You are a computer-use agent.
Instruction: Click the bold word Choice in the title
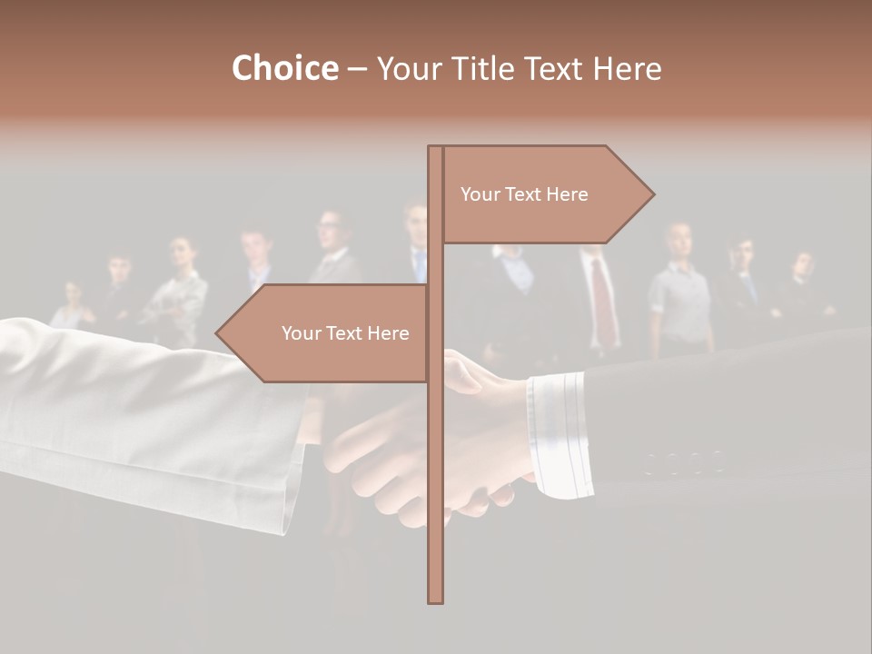pos(284,68)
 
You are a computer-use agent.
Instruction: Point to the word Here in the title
pos(628,68)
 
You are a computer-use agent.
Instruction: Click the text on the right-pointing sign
pos(524,194)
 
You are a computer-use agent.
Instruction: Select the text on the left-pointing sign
pos(345,333)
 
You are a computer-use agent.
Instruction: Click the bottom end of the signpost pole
pos(435,599)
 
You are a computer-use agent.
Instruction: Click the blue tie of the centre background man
pos(419,265)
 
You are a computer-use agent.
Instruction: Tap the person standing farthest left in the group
pos(72,304)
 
